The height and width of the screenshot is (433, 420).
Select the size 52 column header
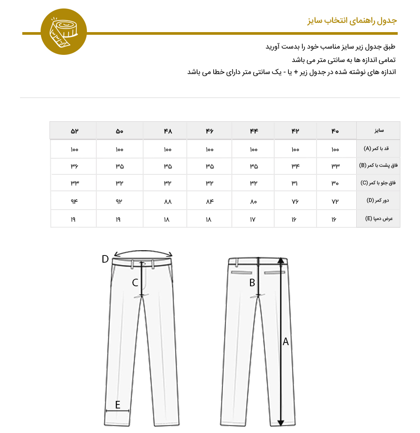74,131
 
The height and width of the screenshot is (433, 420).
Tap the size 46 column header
210,131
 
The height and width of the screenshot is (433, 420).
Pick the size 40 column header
335,131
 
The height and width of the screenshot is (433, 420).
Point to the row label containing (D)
378,201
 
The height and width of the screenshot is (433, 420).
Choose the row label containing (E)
378,219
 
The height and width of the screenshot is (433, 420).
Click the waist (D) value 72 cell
335,201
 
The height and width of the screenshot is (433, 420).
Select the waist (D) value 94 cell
74,201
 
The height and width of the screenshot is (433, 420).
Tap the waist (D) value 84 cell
210,201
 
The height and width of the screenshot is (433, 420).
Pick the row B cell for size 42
295,166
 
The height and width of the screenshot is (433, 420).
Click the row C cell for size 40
335,183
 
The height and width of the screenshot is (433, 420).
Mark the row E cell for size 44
253,219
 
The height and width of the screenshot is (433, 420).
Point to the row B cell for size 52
74,166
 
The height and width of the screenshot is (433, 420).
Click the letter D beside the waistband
105,259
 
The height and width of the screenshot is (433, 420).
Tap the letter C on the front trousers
135,282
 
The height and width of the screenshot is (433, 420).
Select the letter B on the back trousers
252,282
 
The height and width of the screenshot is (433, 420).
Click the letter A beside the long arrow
286,342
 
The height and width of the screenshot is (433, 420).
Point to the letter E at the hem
118,405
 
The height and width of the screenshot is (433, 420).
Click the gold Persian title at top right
352,21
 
